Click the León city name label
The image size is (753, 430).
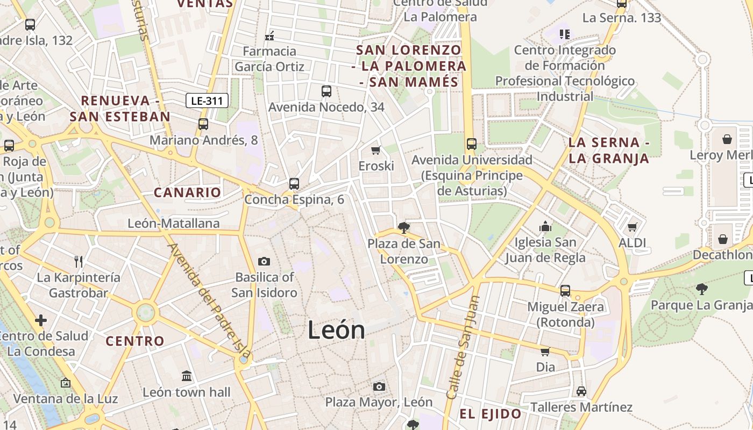click(x=336, y=329)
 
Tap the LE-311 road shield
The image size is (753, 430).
click(x=207, y=101)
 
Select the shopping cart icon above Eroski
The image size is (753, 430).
click(x=376, y=150)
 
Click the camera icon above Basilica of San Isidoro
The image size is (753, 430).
click(x=264, y=261)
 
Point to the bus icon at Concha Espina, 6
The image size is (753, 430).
click(x=294, y=184)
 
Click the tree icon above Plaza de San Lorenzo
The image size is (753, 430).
click(x=403, y=228)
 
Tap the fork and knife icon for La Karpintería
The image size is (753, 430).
click(x=79, y=262)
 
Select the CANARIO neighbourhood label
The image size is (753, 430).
click(x=187, y=192)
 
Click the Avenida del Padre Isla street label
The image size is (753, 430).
click(x=210, y=301)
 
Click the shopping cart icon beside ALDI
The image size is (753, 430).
click(x=633, y=227)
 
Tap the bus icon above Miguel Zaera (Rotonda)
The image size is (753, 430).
click(x=565, y=291)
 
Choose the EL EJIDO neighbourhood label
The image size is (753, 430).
click(x=490, y=414)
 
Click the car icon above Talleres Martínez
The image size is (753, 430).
click(x=581, y=391)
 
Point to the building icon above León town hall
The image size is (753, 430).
click(x=187, y=376)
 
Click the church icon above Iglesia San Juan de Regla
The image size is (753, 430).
click(x=545, y=226)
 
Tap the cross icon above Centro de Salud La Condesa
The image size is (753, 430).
click(x=41, y=321)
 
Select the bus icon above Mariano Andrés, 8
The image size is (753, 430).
click(x=203, y=124)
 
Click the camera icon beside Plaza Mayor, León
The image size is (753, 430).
click(x=379, y=386)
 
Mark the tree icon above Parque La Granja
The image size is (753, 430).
click(x=701, y=289)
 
